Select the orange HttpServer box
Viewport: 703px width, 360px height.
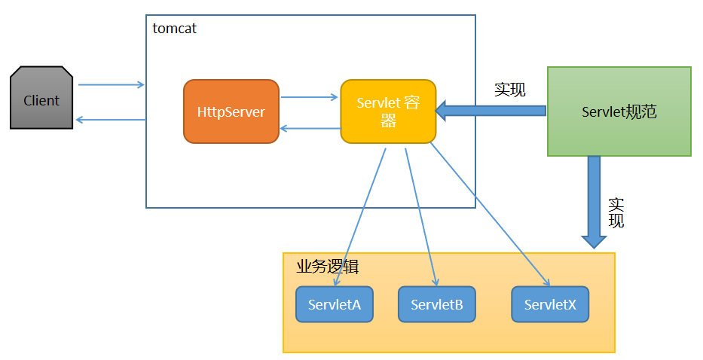coord(231,111)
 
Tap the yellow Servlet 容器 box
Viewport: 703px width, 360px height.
coord(388,111)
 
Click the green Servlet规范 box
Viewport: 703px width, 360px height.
coord(619,111)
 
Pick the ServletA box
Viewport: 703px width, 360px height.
coord(335,304)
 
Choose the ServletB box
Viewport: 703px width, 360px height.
coord(437,304)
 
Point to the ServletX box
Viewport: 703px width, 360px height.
coord(550,304)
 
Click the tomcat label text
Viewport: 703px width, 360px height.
coord(174,29)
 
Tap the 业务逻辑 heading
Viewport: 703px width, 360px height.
coord(327,267)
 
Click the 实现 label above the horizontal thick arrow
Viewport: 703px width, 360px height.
coord(510,90)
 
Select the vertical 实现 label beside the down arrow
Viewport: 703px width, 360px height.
coord(616,213)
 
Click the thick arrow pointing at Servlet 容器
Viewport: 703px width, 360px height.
coord(491,111)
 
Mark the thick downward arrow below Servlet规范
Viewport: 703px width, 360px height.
coord(594,202)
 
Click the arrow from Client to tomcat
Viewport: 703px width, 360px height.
coord(112,85)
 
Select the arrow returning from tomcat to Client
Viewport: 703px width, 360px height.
coord(111,120)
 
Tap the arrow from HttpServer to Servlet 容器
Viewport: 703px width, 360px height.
coord(310,97)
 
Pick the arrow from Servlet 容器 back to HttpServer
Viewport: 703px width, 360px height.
coord(310,129)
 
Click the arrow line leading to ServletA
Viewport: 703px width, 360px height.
coord(360,217)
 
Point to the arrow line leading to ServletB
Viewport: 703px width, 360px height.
coord(421,217)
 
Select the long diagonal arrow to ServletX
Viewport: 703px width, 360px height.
coord(490,215)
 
